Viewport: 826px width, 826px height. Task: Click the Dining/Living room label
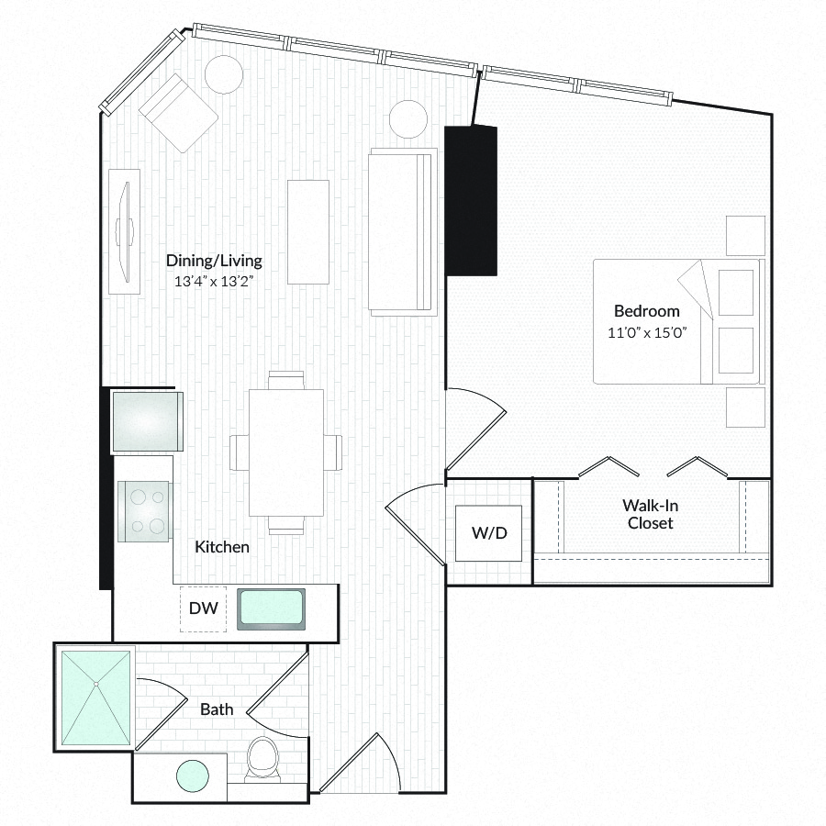tap(214, 261)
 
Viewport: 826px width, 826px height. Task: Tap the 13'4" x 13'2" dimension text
tap(214, 282)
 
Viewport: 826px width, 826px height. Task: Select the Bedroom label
tap(646, 311)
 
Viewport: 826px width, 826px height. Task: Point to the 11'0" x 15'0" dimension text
tap(647, 332)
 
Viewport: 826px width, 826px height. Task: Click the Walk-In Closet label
tap(650, 514)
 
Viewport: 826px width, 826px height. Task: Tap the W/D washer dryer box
tap(489, 533)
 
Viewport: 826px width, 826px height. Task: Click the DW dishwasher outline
tap(204, 608)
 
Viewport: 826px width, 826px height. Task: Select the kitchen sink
tap(271, 609)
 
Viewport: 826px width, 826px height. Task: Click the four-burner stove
tap(144, 511)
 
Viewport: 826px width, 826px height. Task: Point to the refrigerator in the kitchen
tap(147, 421)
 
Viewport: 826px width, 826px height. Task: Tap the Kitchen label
tap(222, 547)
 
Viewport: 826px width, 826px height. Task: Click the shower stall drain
tap(95, 685)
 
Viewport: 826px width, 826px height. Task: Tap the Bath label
tap(217, 709)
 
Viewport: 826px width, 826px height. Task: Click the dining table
tap(286, 452)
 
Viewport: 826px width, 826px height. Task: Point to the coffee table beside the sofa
tap(308, 232)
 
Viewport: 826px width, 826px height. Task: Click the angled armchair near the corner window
tap(178, 113)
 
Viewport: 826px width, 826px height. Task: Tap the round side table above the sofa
tap(408, 119)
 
